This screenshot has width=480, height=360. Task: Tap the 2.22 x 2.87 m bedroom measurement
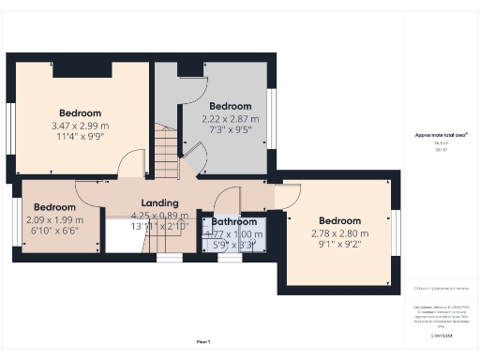[x=231, y=119]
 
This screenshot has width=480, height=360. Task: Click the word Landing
[x=159, y=202]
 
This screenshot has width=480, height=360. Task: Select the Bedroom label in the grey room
[x=231, y=106]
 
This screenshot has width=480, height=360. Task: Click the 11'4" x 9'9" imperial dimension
[x=80, y=137]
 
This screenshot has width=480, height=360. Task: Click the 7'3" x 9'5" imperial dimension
[x=231, y=131]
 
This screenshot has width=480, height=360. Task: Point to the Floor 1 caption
[x=203, y=340]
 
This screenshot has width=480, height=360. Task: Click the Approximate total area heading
[x=435, y=135]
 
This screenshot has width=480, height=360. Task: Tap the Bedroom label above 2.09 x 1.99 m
[x=55, y=206]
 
